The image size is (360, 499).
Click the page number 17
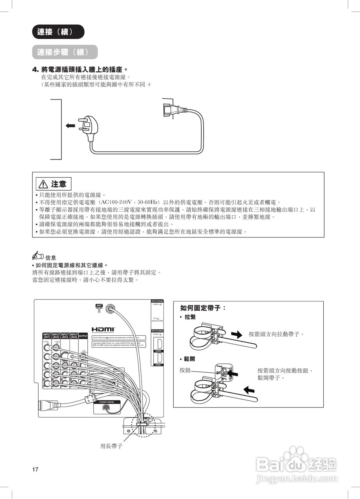tap(35, 469)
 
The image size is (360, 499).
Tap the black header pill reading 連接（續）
tap(58, 32)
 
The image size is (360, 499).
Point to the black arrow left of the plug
tap(70, 126)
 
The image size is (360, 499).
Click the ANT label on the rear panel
tap(99, 305)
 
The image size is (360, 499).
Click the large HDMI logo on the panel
tap(103, 330)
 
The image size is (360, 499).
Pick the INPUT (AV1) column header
tap(47, 336)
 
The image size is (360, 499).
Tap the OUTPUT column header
tap(83, 336)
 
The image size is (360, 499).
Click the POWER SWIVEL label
tap(107, 402)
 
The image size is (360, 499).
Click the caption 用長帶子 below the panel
tap(112, 446)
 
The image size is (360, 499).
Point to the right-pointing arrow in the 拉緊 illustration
tap(236, 334)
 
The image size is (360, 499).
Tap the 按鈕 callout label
tap(185, 370)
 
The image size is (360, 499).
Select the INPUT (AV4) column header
tap(74, 336)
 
